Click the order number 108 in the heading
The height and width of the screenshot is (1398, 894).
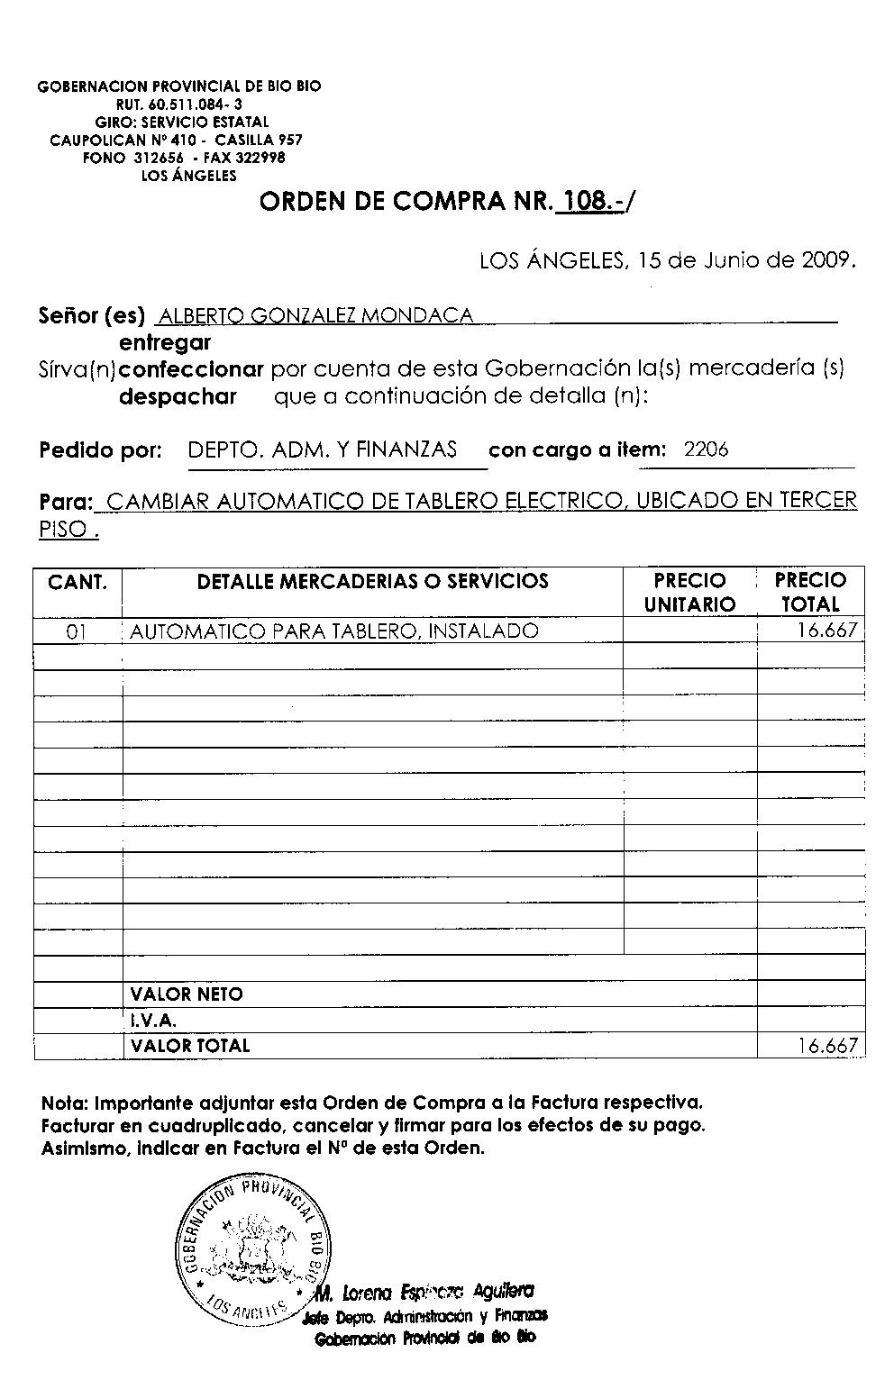point(587,201)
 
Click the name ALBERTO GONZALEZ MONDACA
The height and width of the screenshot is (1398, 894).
point(315,316)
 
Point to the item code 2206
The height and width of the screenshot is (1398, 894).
point(706,449)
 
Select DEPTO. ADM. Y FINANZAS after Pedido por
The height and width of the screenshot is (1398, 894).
point(323,449)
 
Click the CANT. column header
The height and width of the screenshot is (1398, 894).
point(78,582)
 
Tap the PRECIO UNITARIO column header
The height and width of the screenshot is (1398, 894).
point(689,592)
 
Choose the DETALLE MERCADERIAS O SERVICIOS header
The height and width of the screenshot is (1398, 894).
point(372,582)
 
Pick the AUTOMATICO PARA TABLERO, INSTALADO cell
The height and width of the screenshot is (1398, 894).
point(334,631)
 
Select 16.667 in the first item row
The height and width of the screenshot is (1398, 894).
point(826,631)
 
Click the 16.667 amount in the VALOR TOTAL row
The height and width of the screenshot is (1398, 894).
point(826,1046)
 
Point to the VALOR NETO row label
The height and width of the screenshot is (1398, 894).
point(187,994)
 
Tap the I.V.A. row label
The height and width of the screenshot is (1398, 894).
point(153,1021)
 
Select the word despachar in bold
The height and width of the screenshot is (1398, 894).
point(178,396)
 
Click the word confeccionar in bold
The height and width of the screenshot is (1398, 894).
point(191,369)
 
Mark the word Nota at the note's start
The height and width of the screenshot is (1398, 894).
point(64,1103)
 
